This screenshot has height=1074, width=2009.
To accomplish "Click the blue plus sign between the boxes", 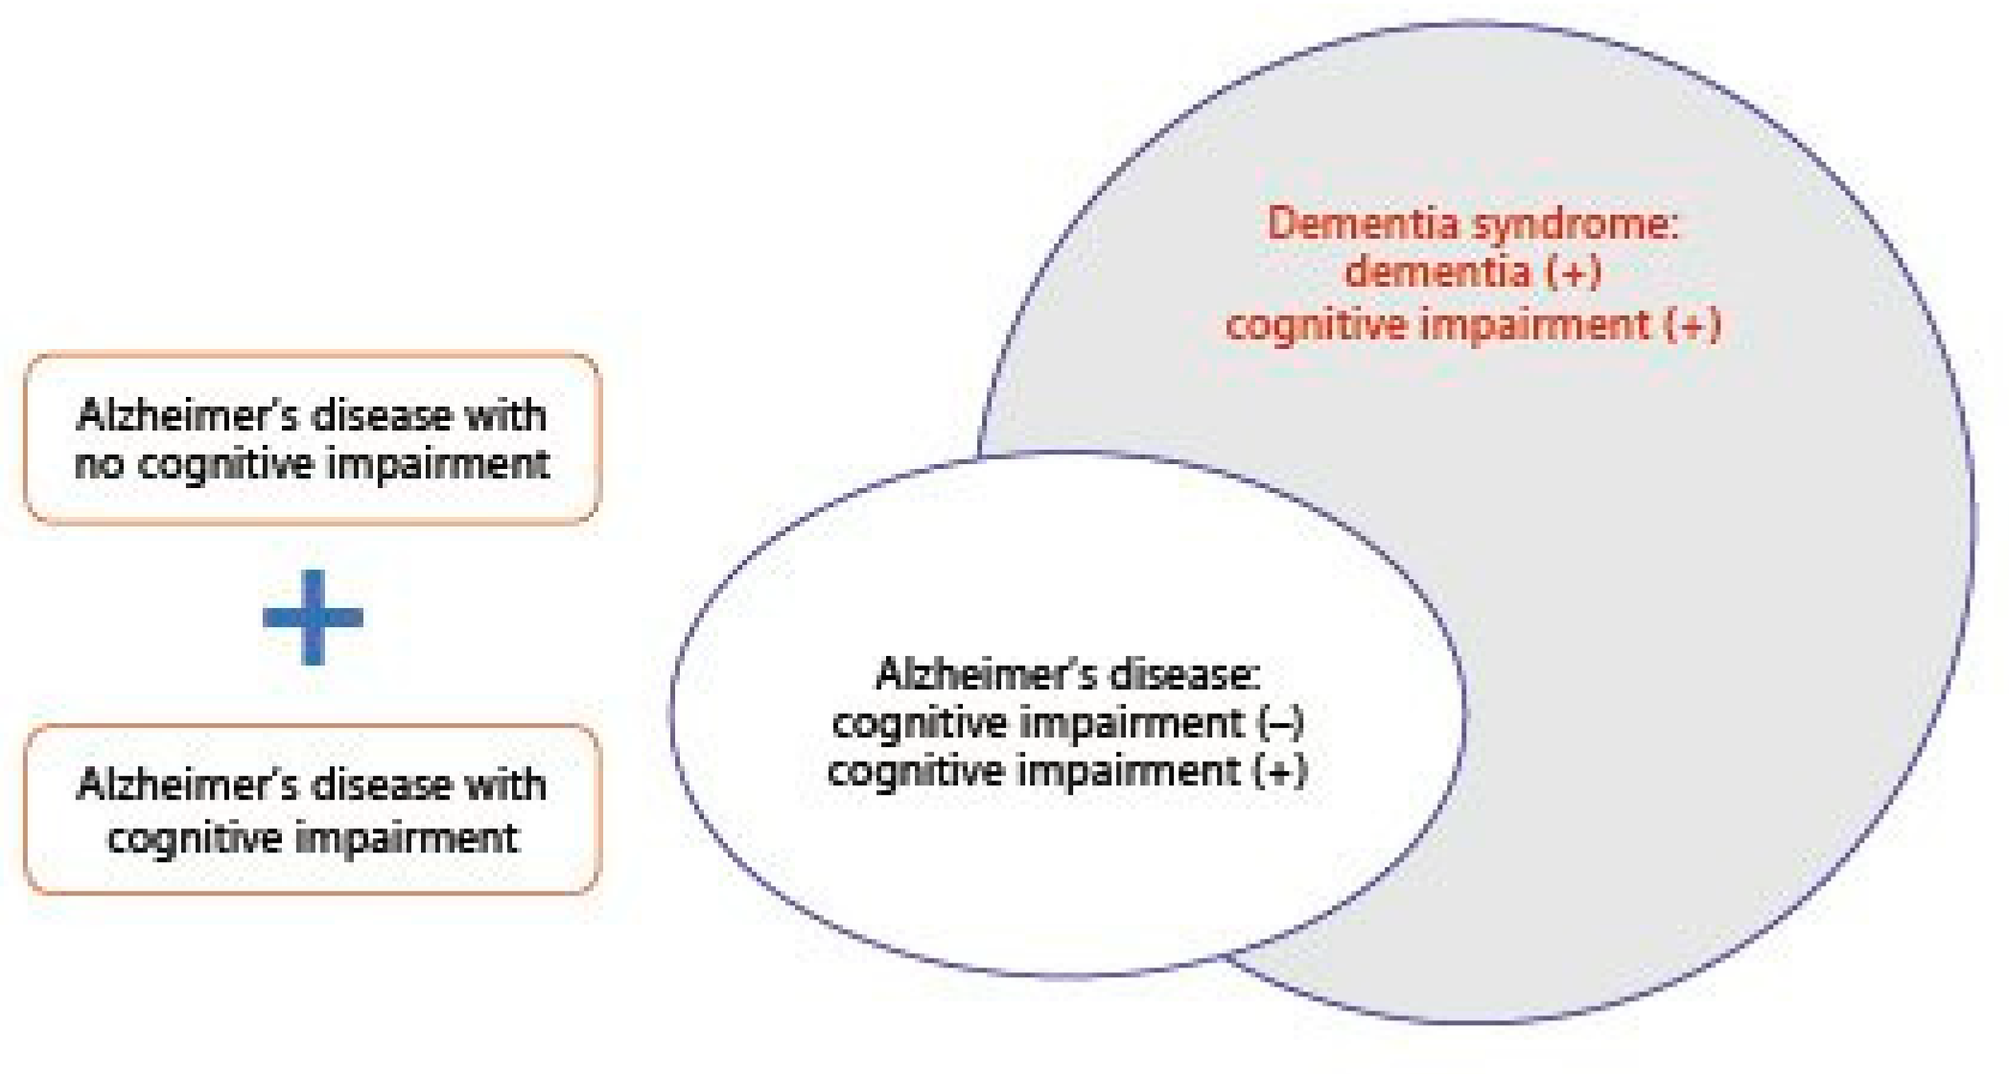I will tap(313, 617).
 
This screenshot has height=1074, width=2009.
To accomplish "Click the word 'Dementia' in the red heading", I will tap(1365, 224).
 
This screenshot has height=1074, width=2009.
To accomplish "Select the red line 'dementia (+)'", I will tap(1473, 272).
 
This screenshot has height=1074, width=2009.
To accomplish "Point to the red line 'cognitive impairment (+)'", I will tap(1473, 324).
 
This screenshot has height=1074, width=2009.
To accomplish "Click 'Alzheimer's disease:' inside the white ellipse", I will tap(1067, 675).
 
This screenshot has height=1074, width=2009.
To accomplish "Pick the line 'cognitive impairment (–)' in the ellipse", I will tap(1067, 723).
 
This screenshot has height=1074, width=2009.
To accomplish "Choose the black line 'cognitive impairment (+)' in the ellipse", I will tap(1067, 771).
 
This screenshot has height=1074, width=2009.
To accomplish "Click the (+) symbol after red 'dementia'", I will tap(1573, 272).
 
